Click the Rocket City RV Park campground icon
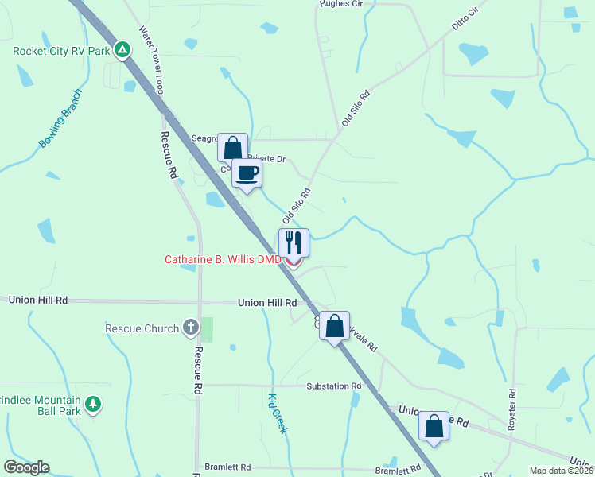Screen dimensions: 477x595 tap(122, 51)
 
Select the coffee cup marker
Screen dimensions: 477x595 tap(247, 173)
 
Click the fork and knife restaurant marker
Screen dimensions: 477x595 tap(294, 241)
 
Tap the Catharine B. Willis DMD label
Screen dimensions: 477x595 tap(223, 259)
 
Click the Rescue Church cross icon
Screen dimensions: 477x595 tap(190, 327)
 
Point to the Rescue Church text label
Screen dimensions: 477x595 tap(142, 328)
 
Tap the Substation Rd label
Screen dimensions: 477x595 tap(334, 386)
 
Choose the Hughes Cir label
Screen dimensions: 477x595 tap(340, 4)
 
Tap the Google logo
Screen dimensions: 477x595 tap(26, 467)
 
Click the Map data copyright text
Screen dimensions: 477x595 tap(562, 471)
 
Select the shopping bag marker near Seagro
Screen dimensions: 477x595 tap(232, 147)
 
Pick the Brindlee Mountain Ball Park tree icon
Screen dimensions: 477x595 tap(94, 404)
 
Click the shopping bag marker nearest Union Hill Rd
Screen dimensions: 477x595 tap(335, 324)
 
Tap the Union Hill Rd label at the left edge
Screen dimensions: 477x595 tap(38, 301)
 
